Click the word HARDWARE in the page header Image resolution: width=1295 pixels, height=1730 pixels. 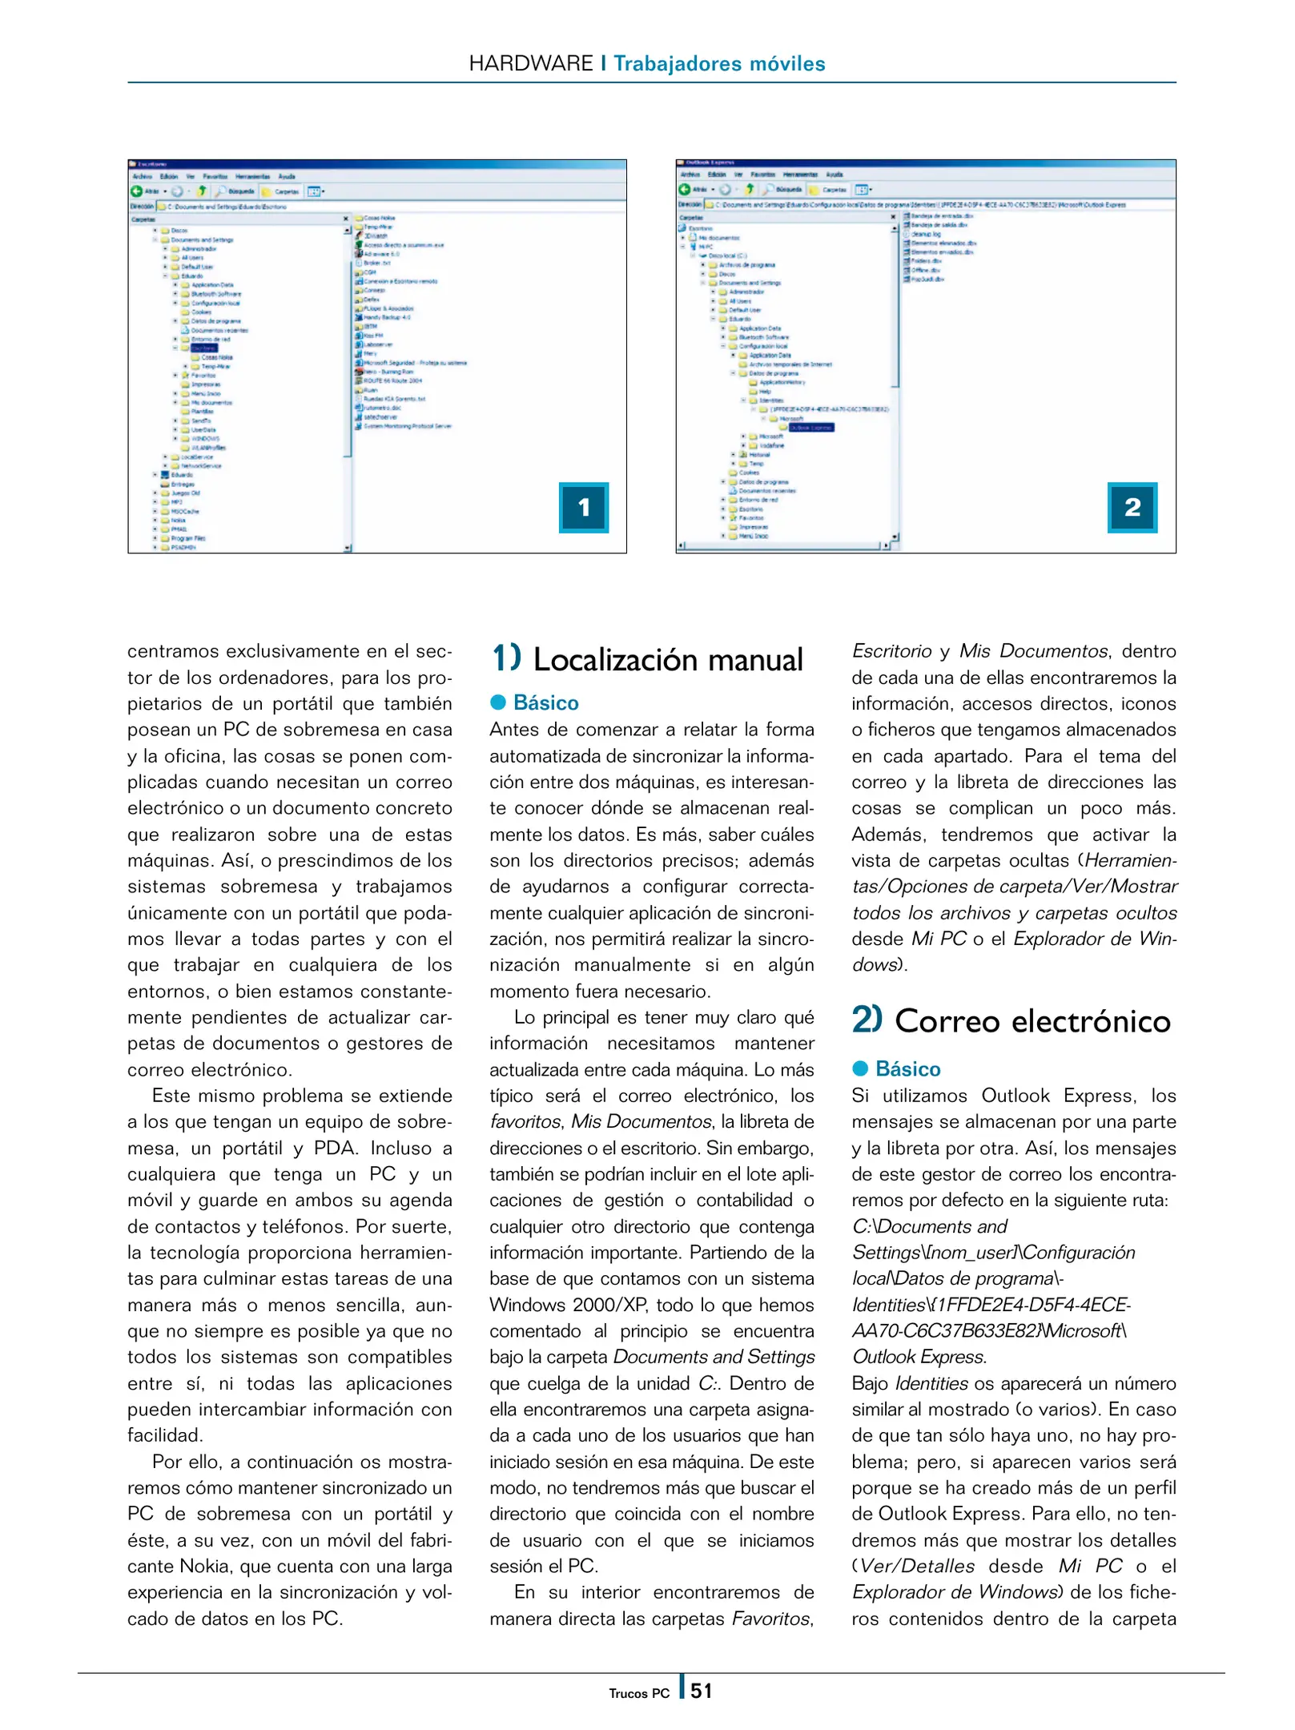(x=530, y=63)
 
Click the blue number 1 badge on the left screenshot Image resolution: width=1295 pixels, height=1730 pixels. (x=584, y=507)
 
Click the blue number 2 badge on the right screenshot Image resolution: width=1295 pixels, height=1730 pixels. (x=1132, y=507)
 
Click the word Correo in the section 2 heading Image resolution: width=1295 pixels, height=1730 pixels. (x=947, y=1021)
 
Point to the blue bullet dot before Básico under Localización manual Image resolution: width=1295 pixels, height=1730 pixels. (x=498, y=702)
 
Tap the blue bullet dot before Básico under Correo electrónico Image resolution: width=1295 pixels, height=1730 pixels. (x=860, y=1068)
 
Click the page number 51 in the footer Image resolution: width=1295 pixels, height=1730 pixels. (x=702, y=1691)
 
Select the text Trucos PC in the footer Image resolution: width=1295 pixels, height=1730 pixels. (x=638, y=1693)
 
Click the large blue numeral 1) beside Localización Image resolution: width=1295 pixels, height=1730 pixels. (x=506, y=658)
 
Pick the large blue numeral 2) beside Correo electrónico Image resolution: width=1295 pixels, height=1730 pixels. (x=867, y=1020)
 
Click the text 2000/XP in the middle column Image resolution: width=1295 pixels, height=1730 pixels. (x=605, y=1305)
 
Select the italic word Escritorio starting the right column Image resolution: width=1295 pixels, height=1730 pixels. (x=891, y=651)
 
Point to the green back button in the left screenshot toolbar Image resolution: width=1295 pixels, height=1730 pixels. (x=136, y=191)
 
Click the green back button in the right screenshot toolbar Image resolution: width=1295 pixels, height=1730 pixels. (x=684, y=190)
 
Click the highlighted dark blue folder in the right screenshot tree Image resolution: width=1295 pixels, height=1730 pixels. (x=810, y=428)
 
